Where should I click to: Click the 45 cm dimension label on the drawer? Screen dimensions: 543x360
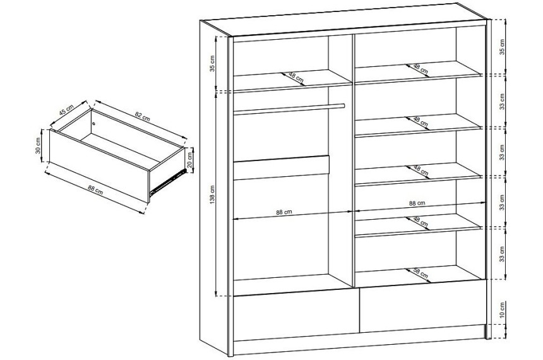[66, 109]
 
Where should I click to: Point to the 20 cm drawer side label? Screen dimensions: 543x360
[189, 160]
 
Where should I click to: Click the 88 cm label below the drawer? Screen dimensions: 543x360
[95, 190]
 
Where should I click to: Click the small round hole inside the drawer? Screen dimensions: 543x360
[93, 124]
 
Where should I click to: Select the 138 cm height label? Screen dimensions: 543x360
[213, 194]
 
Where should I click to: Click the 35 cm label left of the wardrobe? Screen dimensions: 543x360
[213, 63]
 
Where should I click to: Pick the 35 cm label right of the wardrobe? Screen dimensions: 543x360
[502, 47]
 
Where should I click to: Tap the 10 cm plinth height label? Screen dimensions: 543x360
[502, 309]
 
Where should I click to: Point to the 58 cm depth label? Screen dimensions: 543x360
[421, 273]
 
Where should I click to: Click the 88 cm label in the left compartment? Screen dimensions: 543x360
[284, 212]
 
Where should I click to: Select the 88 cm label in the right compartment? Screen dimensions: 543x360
[417, 203]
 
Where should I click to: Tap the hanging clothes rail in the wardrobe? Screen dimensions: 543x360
[289, 109]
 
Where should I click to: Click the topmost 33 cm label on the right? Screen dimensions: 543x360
[502, 101]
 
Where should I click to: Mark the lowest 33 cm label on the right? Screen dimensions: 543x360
[502, 254]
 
